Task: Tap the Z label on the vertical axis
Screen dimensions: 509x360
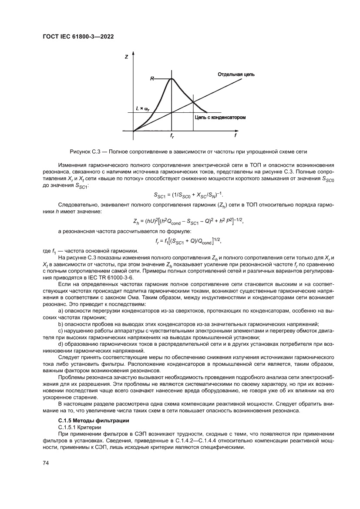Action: click(x=126, y=57)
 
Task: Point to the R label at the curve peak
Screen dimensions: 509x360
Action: click(x=152, y=79)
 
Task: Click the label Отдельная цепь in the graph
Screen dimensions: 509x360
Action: click(x=236, y=74)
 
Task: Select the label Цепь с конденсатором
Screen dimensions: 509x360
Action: click(x=220, y=118)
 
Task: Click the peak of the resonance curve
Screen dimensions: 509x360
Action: click(x=172, y=79)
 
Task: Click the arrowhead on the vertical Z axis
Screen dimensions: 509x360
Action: click(x=133, y=53)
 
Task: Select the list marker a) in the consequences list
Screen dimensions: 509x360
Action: click(x=61, y=311)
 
